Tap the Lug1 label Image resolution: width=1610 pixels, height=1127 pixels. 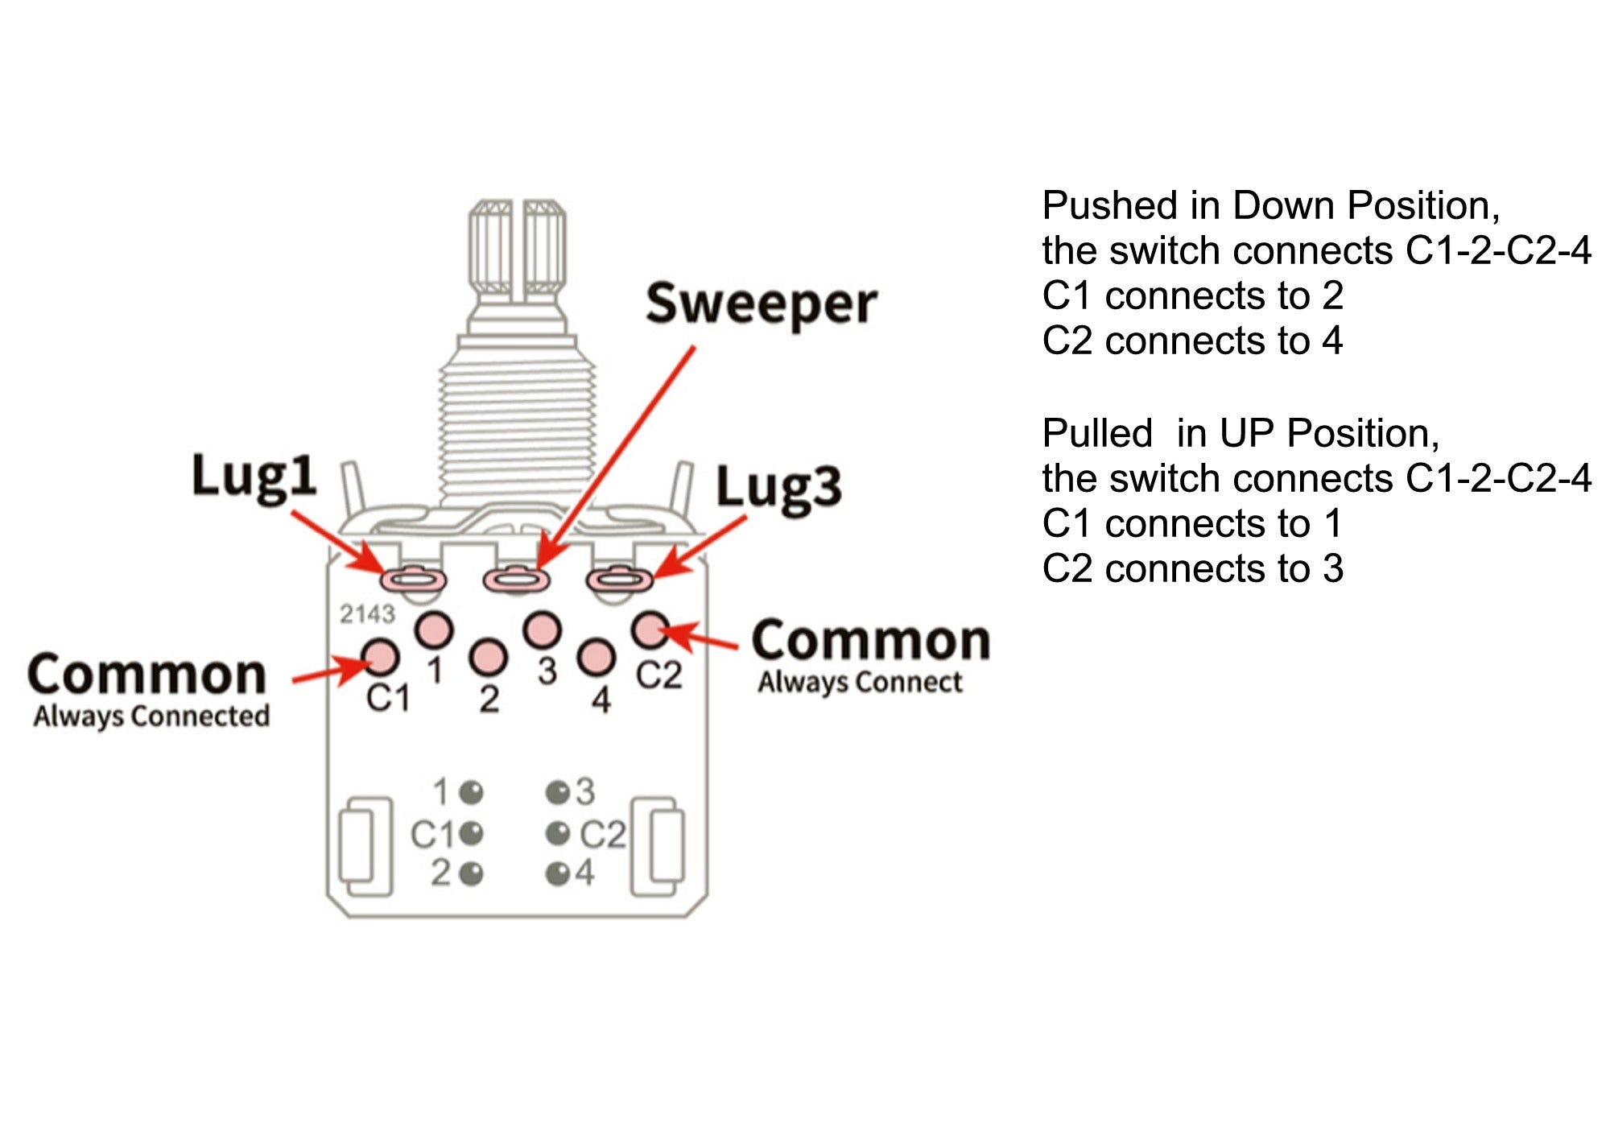pyautogui.click(x=254, y=477)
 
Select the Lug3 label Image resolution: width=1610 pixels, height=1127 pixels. pyautogui.click(x=778, y=488)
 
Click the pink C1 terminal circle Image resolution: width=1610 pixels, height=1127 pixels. pyautogui.click(x=380, y=657)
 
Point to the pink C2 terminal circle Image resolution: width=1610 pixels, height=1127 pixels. pyautogui.click(x=650, y=630)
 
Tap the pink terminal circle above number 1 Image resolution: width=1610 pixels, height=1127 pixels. pyautogui.click(x=434, y=630)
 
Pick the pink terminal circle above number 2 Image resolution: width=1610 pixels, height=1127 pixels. pyautogui.click(x=488, y=657)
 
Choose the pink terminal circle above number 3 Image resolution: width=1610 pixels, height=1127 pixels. pyautogui.click(x=542, y=630)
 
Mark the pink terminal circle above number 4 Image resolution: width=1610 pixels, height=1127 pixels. pyautogui.click(x=597, y=657)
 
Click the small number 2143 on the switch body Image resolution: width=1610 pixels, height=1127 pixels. pyautogui.click(x=367, y=614)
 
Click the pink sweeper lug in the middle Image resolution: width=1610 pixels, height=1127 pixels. pyautogui.click(x=516, y=578)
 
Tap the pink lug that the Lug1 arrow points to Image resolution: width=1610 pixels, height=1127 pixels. pyautogui.click(x=413, y=578)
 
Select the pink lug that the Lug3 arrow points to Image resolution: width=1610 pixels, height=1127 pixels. pyautogui.click(x=618, y=578)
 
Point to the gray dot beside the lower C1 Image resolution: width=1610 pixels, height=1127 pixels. pyautogui.click(x=472, y=833)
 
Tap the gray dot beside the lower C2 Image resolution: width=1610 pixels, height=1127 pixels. pyautogui.click(x=557, y=833)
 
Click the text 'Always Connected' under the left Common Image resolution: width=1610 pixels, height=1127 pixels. pyautogui.click(x=151, y=716)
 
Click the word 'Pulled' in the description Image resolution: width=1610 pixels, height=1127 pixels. pyautogui.click(x=1097, y=434)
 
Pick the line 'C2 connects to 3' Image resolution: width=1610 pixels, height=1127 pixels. pyautogui.click(x=1192, y=569)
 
